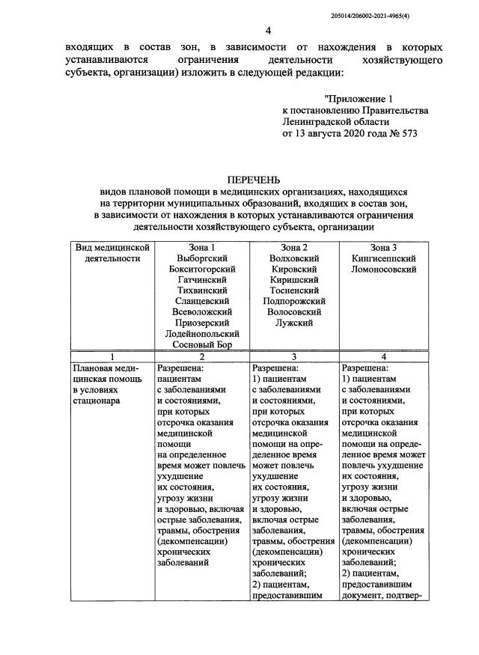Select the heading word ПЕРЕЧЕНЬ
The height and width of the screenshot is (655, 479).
(x=254, y=180)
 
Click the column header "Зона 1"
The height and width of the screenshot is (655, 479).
(x=198, y=248)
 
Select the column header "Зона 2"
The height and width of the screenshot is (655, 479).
(x=292, y=248)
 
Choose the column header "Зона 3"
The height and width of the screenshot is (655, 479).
(x=383, y=248)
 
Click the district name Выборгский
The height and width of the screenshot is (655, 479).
(x=198, y=258)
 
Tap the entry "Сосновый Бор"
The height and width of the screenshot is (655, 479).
(x=198, y=345)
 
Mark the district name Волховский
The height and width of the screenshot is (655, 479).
(x=292, y=258)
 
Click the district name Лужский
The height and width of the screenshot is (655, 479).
(x=292, y=323)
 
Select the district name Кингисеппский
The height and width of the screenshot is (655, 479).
(x=383, y=258)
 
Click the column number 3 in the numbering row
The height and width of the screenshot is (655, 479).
(x=292, y=357)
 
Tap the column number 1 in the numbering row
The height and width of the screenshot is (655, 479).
(x=112, y=357)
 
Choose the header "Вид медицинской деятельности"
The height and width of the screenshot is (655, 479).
(x=112, y=253)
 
